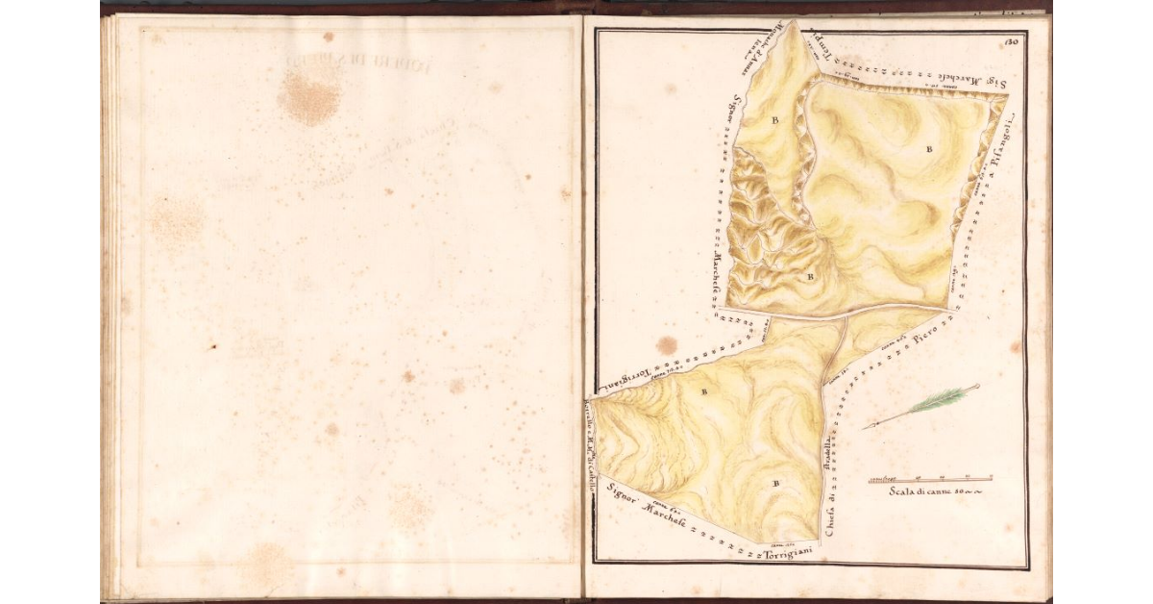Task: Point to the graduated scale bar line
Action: click(930, 478)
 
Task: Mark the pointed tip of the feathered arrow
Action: click(865, 428)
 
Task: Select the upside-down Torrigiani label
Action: click(628, 379)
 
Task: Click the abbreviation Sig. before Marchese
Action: click(996, 84)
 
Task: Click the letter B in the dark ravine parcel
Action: click(810, 276)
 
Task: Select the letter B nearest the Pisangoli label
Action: click(929, 149)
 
